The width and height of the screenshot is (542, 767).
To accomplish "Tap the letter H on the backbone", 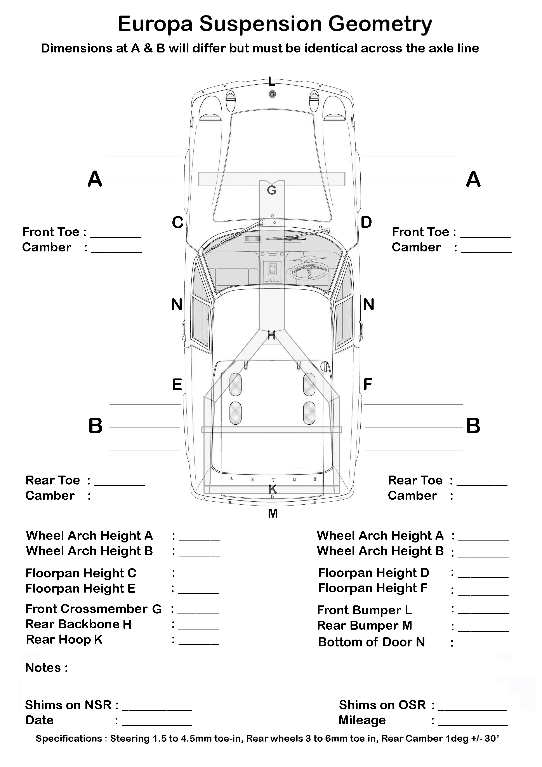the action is point(271,335).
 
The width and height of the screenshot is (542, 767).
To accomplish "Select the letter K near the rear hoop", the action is point(273,489).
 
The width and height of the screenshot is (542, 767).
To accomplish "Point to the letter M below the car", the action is point(273,513).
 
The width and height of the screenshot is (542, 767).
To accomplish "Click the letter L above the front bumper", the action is point(271,81).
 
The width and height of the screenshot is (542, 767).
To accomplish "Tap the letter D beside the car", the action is point(366,222).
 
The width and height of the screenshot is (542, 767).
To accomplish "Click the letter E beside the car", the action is point(177,385).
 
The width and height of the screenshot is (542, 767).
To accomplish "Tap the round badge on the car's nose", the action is point(272,94).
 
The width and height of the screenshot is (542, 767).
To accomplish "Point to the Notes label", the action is point(46,668).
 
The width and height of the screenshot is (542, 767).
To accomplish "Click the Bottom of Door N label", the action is point(371,642).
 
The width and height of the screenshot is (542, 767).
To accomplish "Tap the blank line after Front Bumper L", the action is point(483,614).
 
